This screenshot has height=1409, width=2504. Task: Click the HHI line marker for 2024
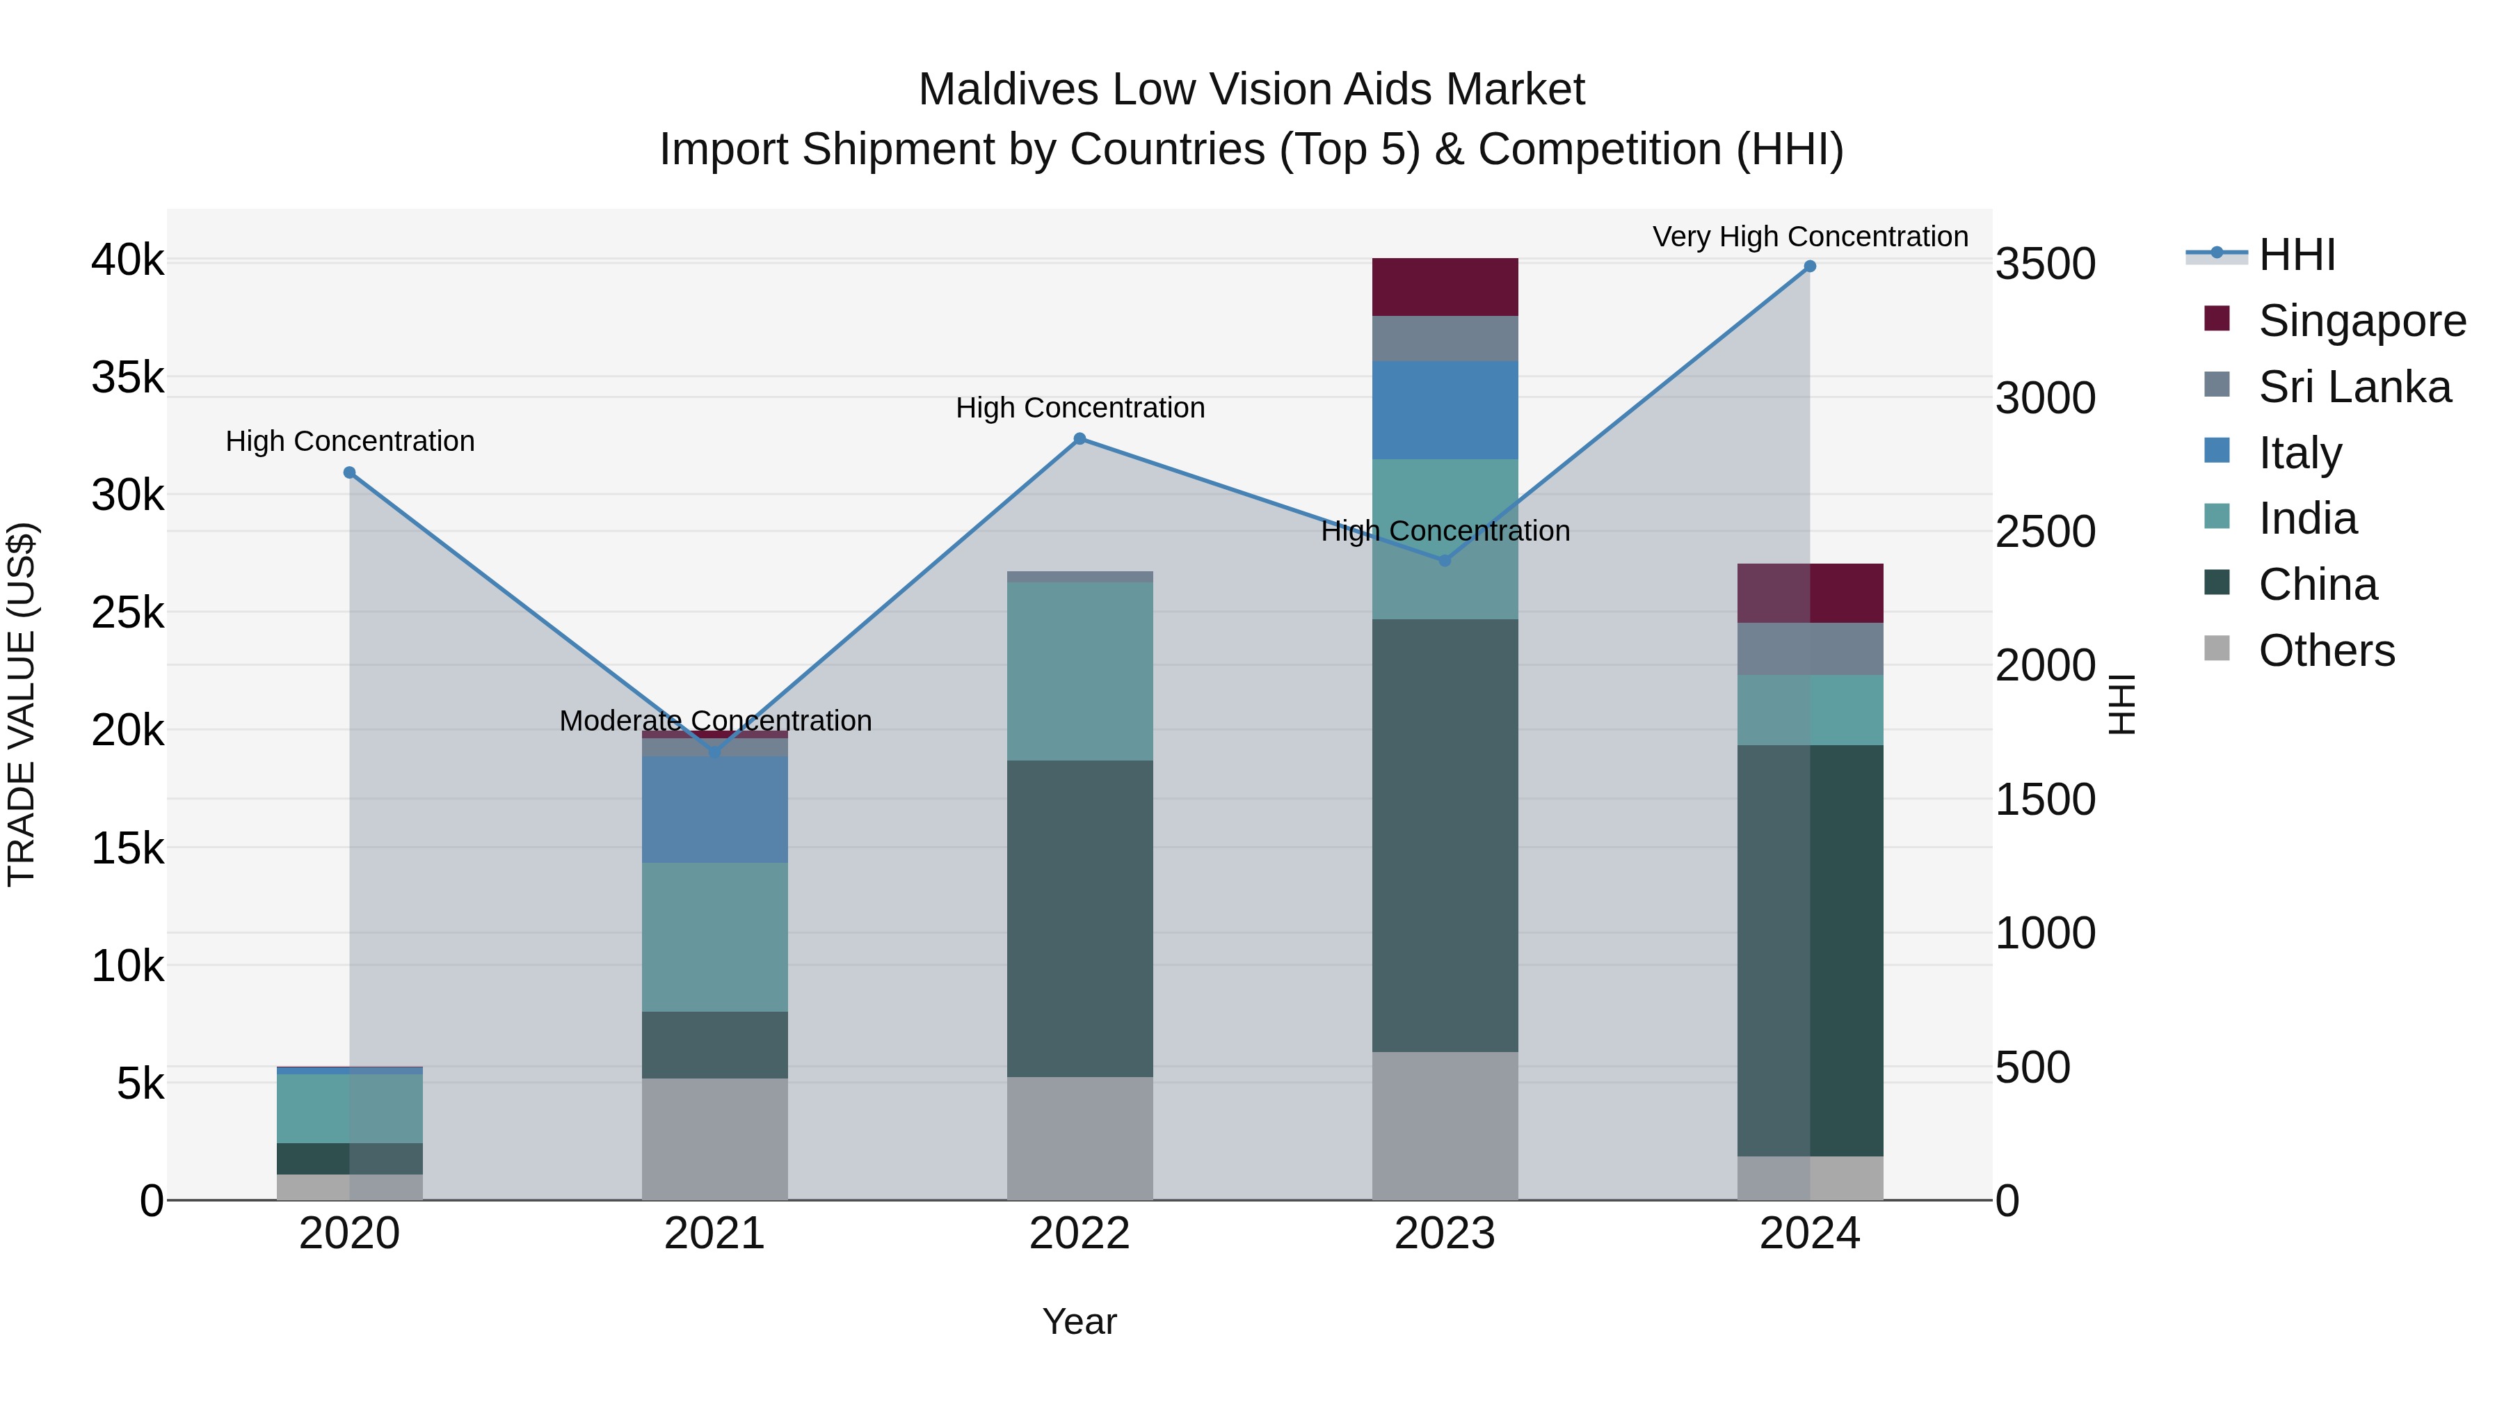1809,266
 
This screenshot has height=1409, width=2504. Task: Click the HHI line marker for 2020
349,472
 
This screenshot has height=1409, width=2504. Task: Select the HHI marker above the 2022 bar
1079,438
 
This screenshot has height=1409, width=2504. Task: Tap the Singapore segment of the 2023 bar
1445,287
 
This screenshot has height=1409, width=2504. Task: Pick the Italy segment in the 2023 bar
1445,409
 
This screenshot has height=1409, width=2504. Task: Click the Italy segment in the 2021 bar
714,809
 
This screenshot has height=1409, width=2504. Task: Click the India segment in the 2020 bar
349,1108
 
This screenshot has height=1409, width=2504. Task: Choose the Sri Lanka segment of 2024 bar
1809,648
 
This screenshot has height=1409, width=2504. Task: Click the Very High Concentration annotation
1810,237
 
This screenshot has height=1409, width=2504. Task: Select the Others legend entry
2326,651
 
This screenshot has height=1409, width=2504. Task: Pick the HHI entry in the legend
2296,255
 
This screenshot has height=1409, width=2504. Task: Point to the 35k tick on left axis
127,377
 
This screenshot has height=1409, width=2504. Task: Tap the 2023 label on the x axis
1445,1234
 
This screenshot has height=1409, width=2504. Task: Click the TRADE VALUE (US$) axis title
22,704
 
